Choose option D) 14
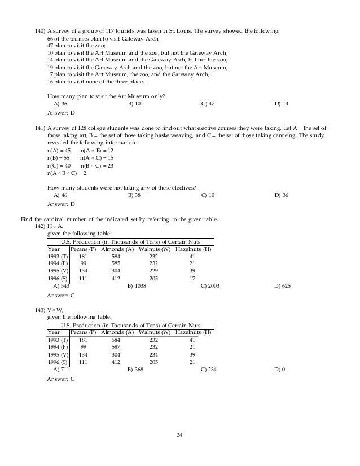282,104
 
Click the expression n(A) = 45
59,151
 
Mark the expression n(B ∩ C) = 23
97,166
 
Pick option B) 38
134,195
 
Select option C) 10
208,195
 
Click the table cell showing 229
153,270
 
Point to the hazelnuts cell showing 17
192,278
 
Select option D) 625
282,286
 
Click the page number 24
179,435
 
